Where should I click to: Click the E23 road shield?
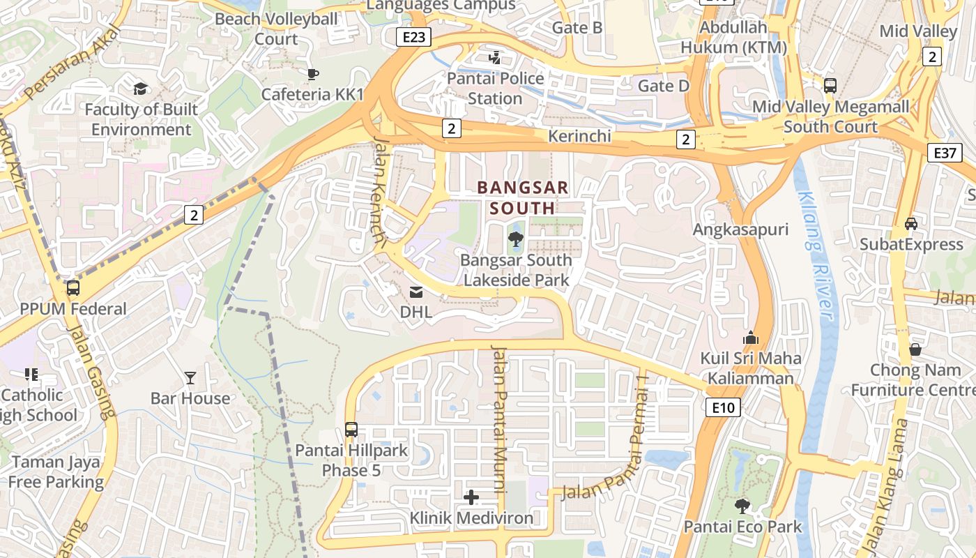[413, 37]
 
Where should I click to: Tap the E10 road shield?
[722, 407]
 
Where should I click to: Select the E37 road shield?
[945, 153]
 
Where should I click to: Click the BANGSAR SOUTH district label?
[522, 197]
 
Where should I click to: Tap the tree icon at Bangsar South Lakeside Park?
[516, 240]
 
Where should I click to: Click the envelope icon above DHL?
[416, 292]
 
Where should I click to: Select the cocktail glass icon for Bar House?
[190, 378]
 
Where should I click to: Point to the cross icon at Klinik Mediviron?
[471, 497]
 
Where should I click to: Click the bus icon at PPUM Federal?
[73, 288]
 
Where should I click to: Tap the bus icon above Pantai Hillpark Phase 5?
[351, 430]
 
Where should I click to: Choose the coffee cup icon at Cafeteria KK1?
[313, 74]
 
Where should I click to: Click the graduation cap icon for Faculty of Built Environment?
[141, 89]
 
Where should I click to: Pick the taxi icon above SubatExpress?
[910, 223]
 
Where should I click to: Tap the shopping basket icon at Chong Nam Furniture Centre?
[915, 349]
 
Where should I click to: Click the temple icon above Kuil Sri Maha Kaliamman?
[751, 338]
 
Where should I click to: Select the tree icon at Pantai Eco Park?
[742, 506]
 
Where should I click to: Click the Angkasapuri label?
[740, 229]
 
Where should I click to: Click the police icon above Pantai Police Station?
[495, 57]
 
